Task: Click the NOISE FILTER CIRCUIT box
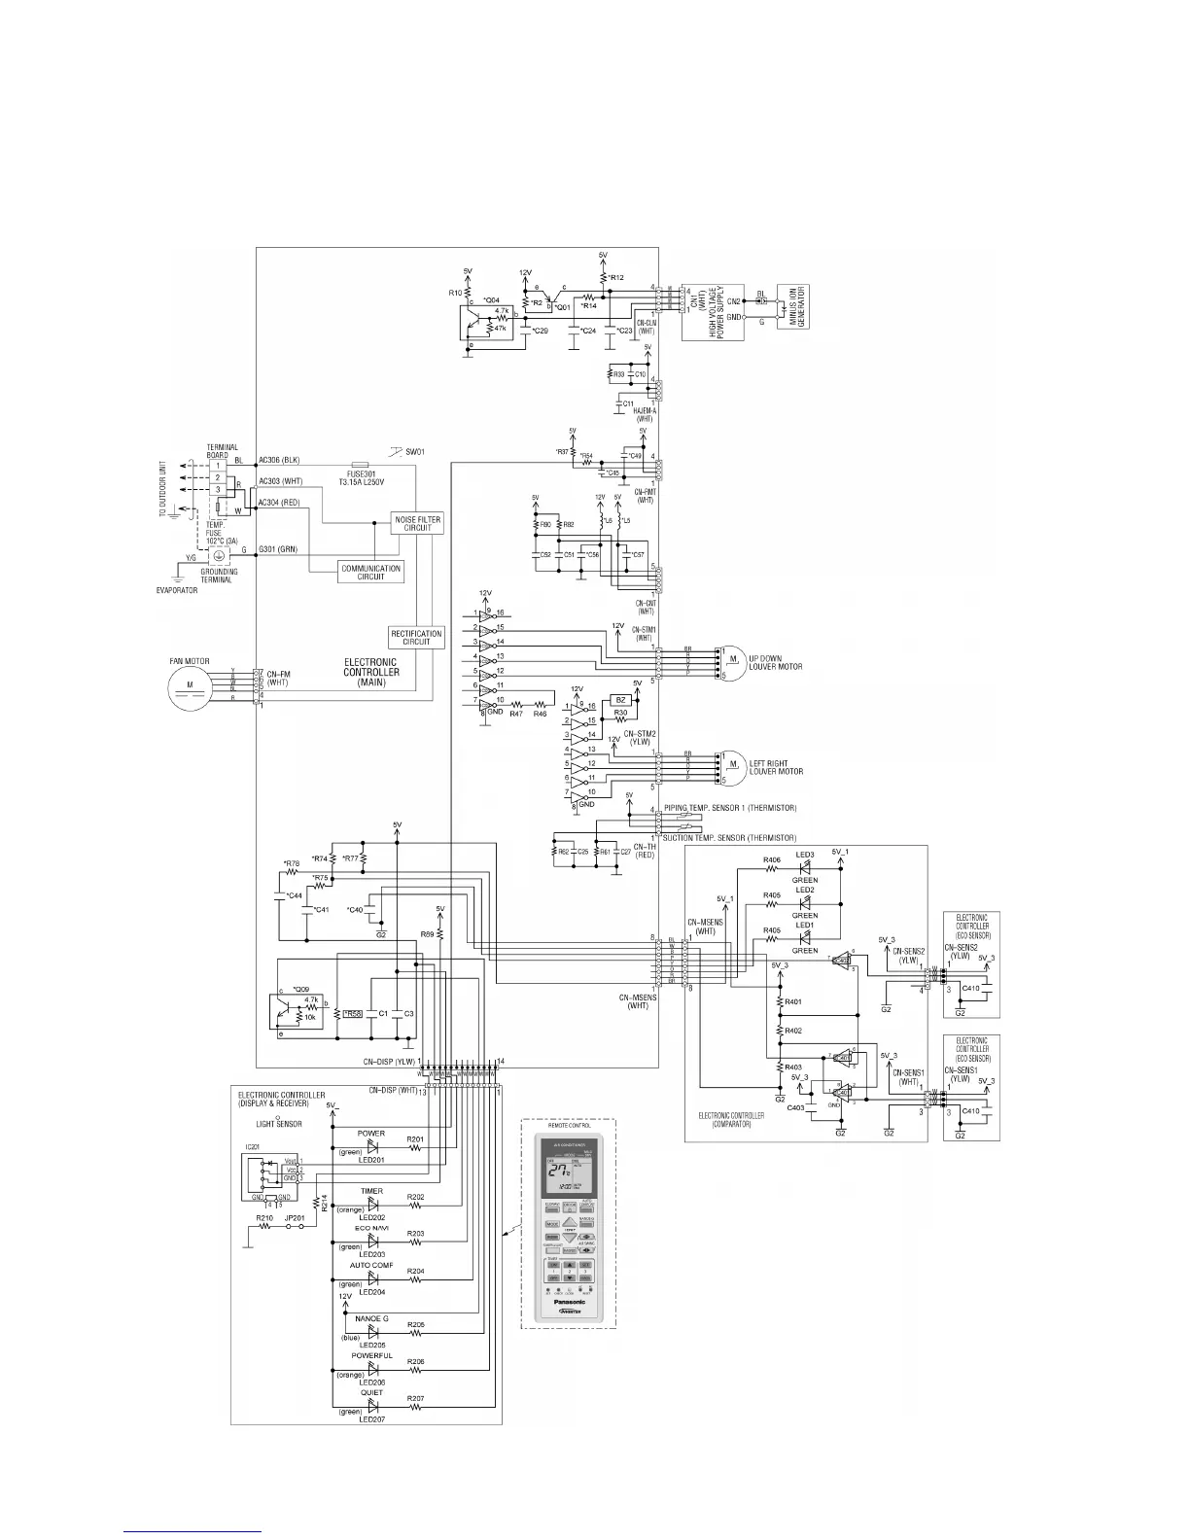coord(416,523)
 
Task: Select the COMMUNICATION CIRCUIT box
coord(371,573)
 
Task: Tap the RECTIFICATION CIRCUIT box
coord(416,637)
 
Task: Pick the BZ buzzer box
coord(618,699)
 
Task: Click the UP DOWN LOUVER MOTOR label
coord(775,662)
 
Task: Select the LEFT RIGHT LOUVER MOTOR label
coord(776,767)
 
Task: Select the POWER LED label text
coord(370,1133)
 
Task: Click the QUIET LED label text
coord(370,1392)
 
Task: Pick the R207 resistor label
coord(415,1398)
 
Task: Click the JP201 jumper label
coord(295,1217)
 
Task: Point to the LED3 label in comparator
coord(805,855)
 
